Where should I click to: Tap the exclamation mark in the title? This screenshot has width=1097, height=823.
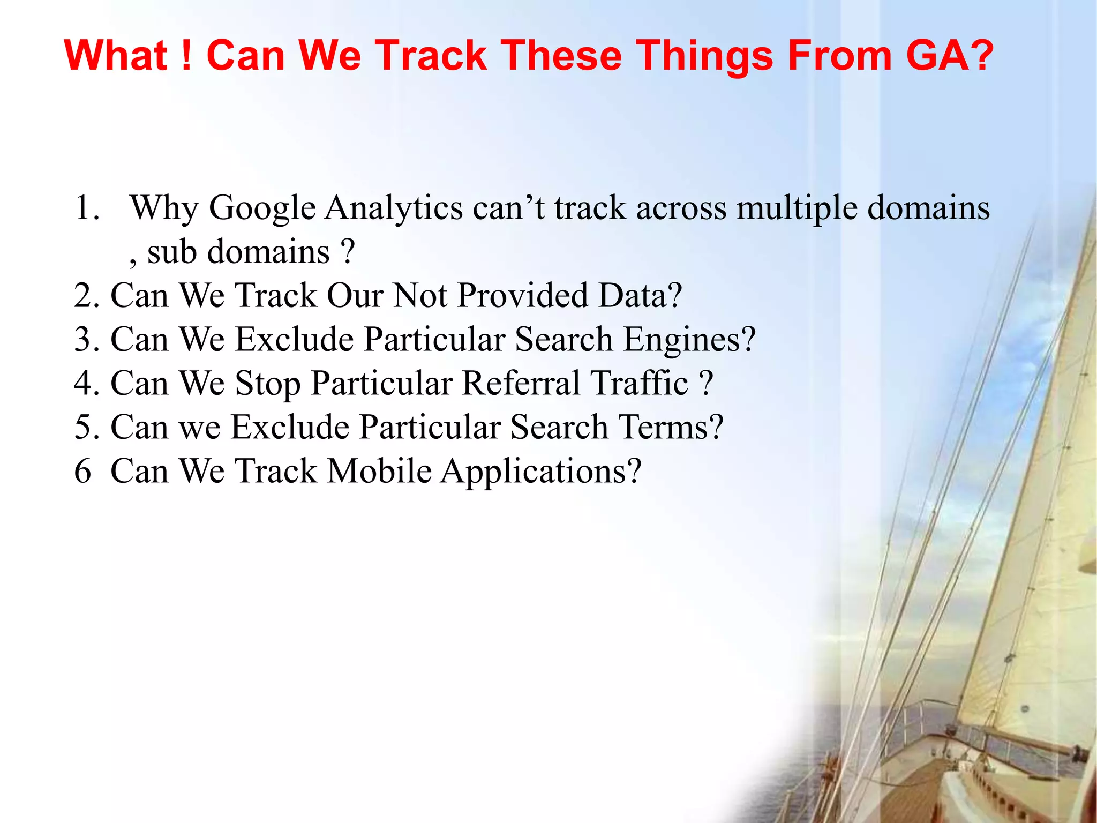pyautogui.click(x=186, y=56)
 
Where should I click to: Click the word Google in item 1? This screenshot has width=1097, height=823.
pyautogui.click(x=262, y=209)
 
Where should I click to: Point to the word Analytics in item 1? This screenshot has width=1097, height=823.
pyautogui.click(x=394, y=209)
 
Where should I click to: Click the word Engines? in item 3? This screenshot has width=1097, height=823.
pyautogui.click(x=689, y=341)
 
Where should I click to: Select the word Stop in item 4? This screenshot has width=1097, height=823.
pyautogui.click(x=268, y=385)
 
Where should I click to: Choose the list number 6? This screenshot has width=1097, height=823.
pyautogui.click(x=82, y=472)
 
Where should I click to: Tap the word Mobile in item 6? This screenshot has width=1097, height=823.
pyautogui.click(x=379, y=472)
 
